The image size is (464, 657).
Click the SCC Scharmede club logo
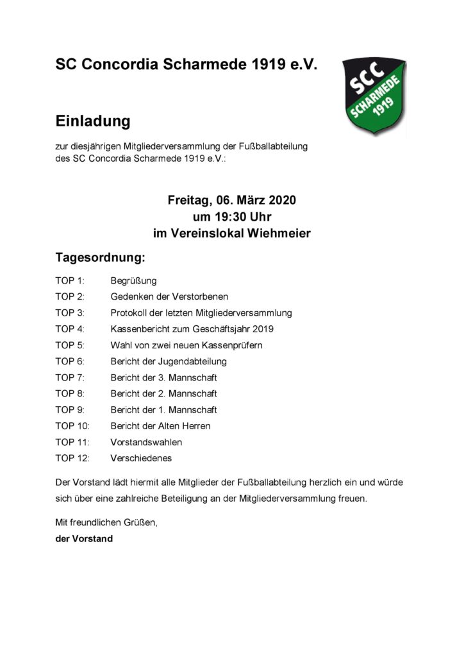tap(374, 96)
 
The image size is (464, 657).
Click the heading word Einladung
tap(93, 121)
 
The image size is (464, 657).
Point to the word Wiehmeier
tap(279, 234)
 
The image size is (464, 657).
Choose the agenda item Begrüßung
tap(133, 281)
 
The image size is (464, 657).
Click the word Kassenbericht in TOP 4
tap(140, 329)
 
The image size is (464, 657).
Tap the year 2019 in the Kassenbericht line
tap(264, 329)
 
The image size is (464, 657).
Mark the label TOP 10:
tap(72, 426)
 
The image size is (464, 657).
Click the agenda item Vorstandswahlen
tap(146, 442)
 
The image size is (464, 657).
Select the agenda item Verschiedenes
tap(141, 458)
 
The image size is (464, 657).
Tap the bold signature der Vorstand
tap(84, 539)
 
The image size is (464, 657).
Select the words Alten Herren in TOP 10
tap(188, 426)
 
